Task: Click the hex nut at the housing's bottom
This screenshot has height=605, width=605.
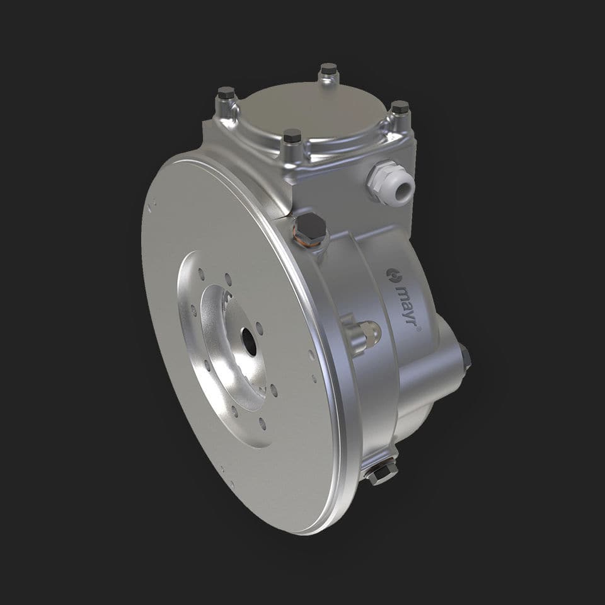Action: point(381,473)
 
